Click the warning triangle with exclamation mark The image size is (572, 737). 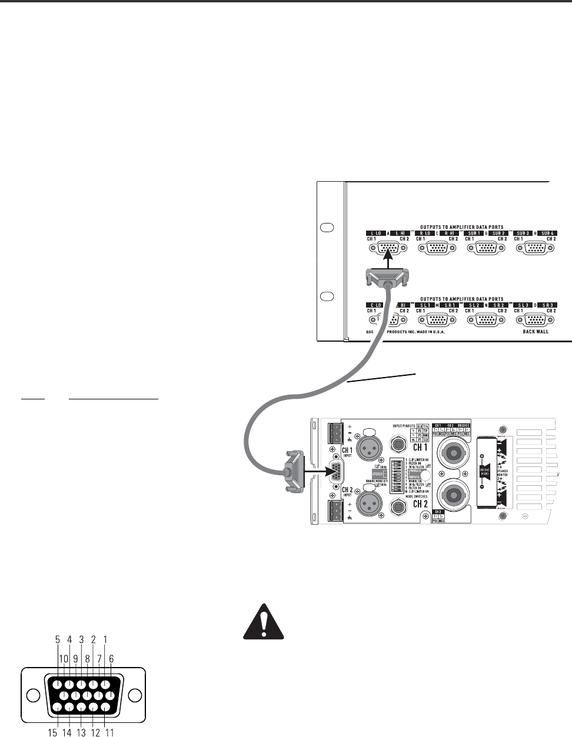click(264, 623)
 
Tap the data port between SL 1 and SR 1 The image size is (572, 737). click(435, 320)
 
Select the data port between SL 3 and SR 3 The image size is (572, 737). click(534, 320)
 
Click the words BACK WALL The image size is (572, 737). click(533, 332)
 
